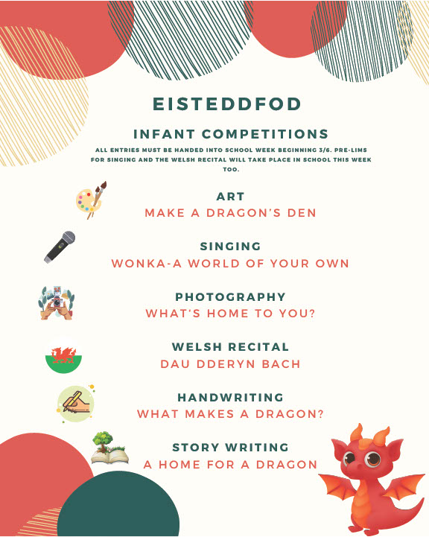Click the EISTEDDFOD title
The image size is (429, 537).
click(x=226, y=104)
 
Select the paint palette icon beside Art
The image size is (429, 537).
click(x=91, y=200)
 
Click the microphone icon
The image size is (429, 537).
click(x=60, y=247)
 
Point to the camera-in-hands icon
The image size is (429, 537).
click(x=56, y=303)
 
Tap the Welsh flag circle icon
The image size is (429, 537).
click(x=63, y=355)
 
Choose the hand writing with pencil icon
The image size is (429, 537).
click(x=76, y=404)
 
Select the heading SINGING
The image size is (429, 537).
click(x=230, y=247)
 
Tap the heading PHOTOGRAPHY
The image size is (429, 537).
click(x=230, y=296)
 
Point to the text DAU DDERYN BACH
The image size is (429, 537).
click(x=230, y=363)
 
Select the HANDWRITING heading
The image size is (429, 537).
click(x=230, y=397)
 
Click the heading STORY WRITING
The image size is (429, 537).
click(x=230, y=448)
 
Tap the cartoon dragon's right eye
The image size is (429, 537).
click(x=373, y=459)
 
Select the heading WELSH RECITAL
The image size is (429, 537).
click(x=230, y=346)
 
